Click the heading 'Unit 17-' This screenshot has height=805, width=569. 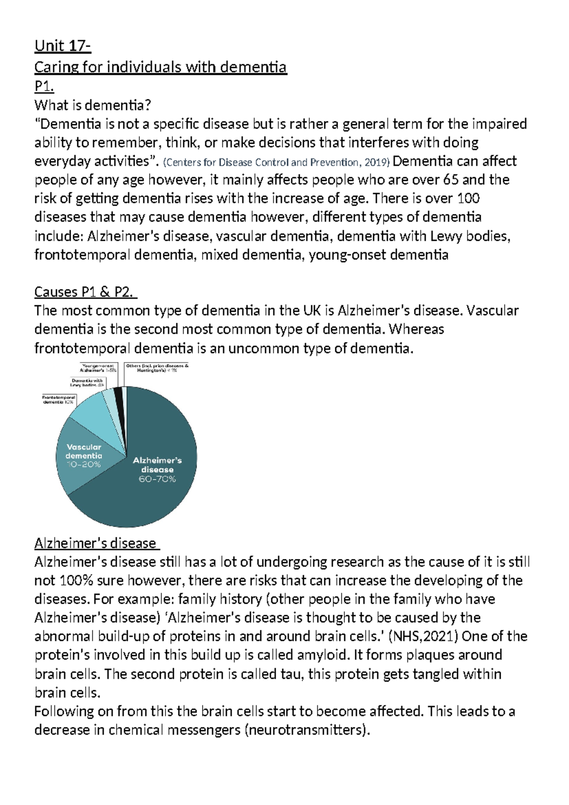click(62, 47)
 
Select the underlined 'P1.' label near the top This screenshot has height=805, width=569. click(44, 86)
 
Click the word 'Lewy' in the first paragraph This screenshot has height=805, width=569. click(445, 236)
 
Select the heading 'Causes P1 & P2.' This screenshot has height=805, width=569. click(85, 292)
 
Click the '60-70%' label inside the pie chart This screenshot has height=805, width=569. click(157, 479)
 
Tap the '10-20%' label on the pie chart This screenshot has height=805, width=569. click(83, 465)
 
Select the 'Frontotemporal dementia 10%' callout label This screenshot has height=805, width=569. click(59, 399)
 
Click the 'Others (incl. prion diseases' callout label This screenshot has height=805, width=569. click(157, 368)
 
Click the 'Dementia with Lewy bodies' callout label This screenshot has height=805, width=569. click(87, 383)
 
